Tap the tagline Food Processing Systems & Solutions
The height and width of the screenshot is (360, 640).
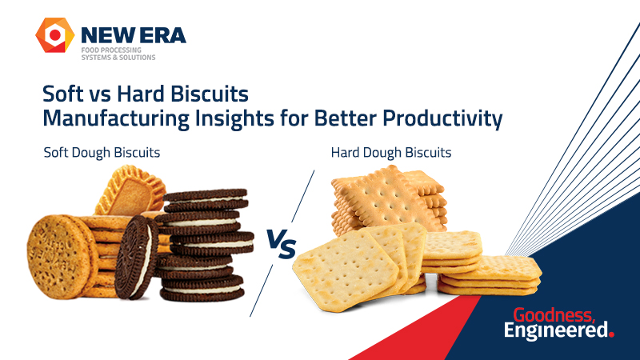pyautogui.click(x=118, y=53)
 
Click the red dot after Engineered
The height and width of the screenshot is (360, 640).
pyautogui.click(x=611, y=335)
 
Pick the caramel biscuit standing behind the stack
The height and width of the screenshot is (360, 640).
pyautogui.click(x=128, y=192)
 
